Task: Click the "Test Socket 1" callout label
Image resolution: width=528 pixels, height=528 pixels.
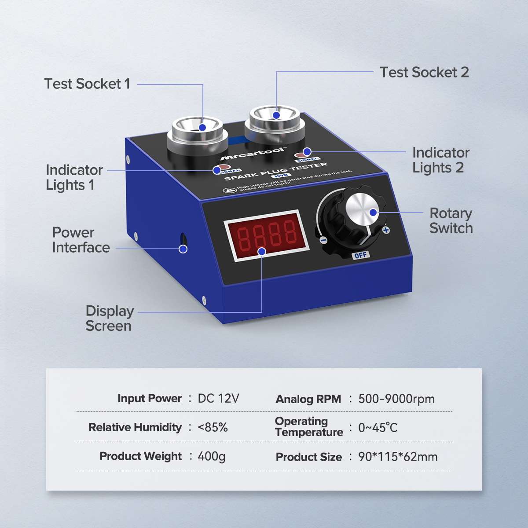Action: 87,84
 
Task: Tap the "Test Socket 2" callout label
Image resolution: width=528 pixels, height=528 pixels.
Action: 424,72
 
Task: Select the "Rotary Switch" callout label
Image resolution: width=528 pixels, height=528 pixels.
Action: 451,221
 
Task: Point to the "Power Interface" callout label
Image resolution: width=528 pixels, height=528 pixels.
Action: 81,240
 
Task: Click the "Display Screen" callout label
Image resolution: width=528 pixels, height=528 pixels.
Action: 109,318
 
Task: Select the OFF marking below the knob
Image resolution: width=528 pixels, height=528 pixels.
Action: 360,255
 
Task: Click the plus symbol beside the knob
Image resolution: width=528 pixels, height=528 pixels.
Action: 386,230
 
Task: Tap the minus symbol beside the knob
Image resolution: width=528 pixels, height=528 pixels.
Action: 323,240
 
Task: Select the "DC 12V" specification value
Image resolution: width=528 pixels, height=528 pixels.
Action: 218,399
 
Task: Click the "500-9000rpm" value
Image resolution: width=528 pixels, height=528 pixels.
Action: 396,399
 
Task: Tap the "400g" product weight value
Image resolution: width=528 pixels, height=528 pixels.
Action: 211,456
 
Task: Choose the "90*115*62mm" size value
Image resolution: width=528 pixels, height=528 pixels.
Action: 398,457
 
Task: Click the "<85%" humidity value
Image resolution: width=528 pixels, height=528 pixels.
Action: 213,427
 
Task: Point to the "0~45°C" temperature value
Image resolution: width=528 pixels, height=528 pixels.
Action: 378,428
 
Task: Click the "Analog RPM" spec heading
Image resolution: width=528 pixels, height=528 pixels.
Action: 308,399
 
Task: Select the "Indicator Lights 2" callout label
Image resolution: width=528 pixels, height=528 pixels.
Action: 440,160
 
